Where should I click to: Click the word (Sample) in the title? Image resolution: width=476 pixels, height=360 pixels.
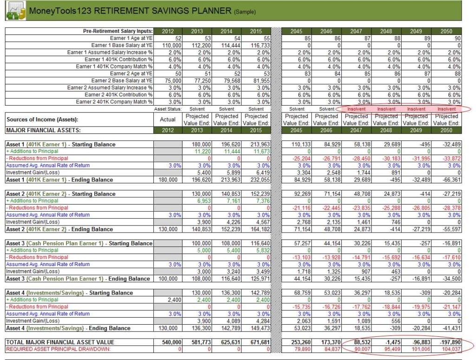click(245, 12)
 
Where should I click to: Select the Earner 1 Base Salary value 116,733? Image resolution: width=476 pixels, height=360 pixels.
click(256, 45)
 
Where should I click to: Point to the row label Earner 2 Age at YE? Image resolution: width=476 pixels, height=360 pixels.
click(131, 73)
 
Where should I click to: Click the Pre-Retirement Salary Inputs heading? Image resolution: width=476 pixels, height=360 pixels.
click(118, 31)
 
